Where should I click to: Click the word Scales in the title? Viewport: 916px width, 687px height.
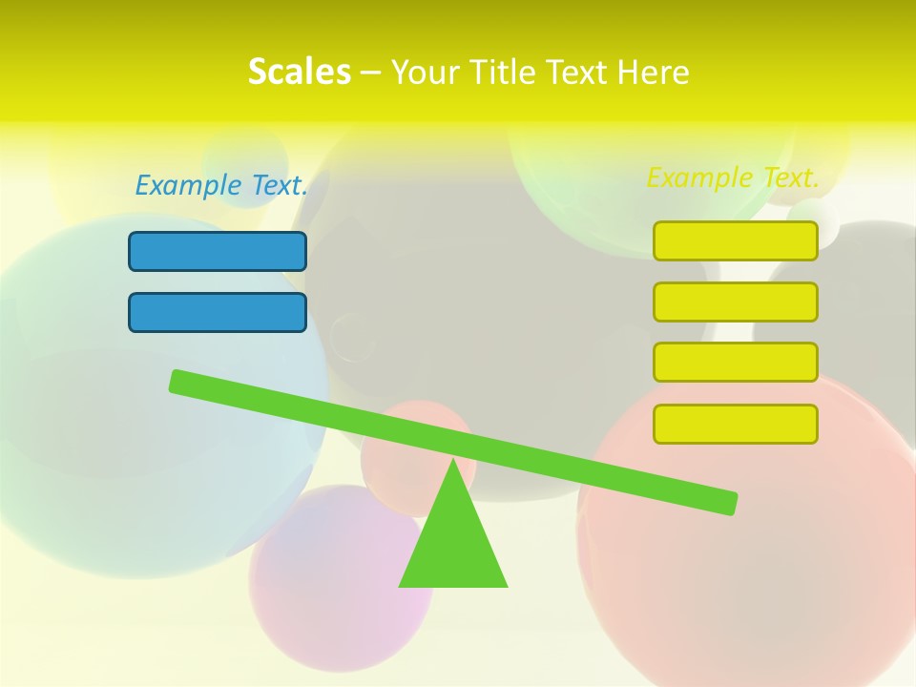pyautogui.click(x=299, y=72)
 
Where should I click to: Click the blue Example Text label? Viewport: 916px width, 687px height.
pyautogui.click(x=221, y=185)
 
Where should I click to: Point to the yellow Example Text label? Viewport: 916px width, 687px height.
pyautogui.click(x=733, y=177)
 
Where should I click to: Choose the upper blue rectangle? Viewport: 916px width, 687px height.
pyautogui.click(x=218, y=251)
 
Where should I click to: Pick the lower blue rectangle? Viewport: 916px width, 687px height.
pyautogui.click(x=218, y=312)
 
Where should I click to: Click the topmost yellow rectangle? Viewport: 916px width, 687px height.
pyautogui.click(x=736, y=240)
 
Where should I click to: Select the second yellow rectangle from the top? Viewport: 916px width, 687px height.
pyautogui.click(x=736, y=302)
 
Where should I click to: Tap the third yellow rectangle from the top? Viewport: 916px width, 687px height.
pyautogui.click(x=736, y=362)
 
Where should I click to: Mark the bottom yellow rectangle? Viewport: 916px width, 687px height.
pyautogui.click(x=736, y=424)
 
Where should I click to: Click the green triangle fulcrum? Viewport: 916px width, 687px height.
pyautogui.click(x=453, y=544)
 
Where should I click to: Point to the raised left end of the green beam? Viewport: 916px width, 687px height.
pyautogui.click(x=178, y=382)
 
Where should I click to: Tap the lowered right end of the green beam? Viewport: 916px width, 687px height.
pyautogui.click(x=728, y=503)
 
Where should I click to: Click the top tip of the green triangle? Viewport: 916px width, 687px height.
pyautogui.click(x=454, y=463)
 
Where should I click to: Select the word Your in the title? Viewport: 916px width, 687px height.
pyautogui.click(x=427, y=72)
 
